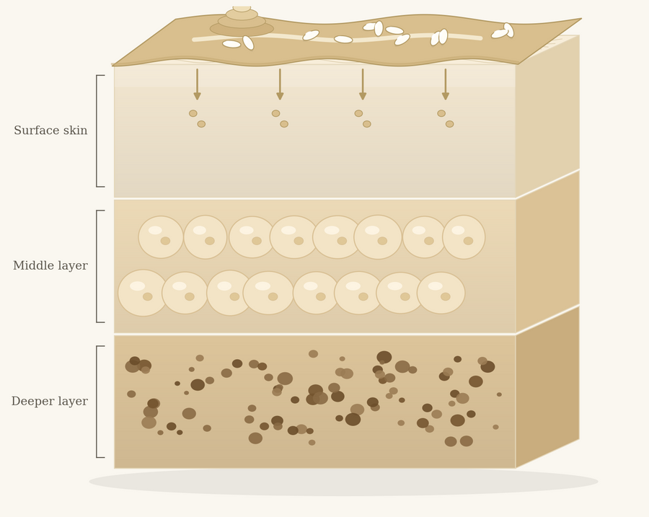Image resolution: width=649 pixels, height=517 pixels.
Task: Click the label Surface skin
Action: [50, 131]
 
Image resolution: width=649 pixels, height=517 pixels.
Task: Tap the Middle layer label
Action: [50, 265]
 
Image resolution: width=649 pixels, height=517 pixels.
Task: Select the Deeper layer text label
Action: [50, 401]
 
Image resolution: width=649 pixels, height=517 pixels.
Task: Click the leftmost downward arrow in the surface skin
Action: [197, 84]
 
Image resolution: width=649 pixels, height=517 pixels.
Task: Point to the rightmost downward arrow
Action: [446, 84]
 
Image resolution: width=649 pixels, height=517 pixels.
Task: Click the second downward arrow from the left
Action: [280, 84]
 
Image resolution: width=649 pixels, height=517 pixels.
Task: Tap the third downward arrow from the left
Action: [363, 84]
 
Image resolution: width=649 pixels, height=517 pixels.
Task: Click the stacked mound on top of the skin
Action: [242, 22]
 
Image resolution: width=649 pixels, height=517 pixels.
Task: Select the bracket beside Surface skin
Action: [97, 131]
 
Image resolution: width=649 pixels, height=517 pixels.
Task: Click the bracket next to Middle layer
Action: [97, 266]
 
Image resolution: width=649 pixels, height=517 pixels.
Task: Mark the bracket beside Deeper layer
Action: [97, 402]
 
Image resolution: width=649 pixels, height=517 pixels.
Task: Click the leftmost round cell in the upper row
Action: [161, 237]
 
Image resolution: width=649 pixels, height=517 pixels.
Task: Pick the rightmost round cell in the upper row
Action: [464, 237]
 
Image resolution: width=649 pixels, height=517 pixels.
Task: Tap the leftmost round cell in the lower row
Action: [143, 293]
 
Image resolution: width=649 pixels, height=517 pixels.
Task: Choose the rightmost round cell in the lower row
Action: [441, 293]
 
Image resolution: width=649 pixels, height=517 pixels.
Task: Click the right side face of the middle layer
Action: [547, 251]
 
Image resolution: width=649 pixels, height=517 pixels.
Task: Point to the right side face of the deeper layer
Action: [547, 387]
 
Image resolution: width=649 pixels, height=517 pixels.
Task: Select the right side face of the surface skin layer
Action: [547, 116]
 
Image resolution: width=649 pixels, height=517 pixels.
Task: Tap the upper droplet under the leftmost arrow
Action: [193, 113]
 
